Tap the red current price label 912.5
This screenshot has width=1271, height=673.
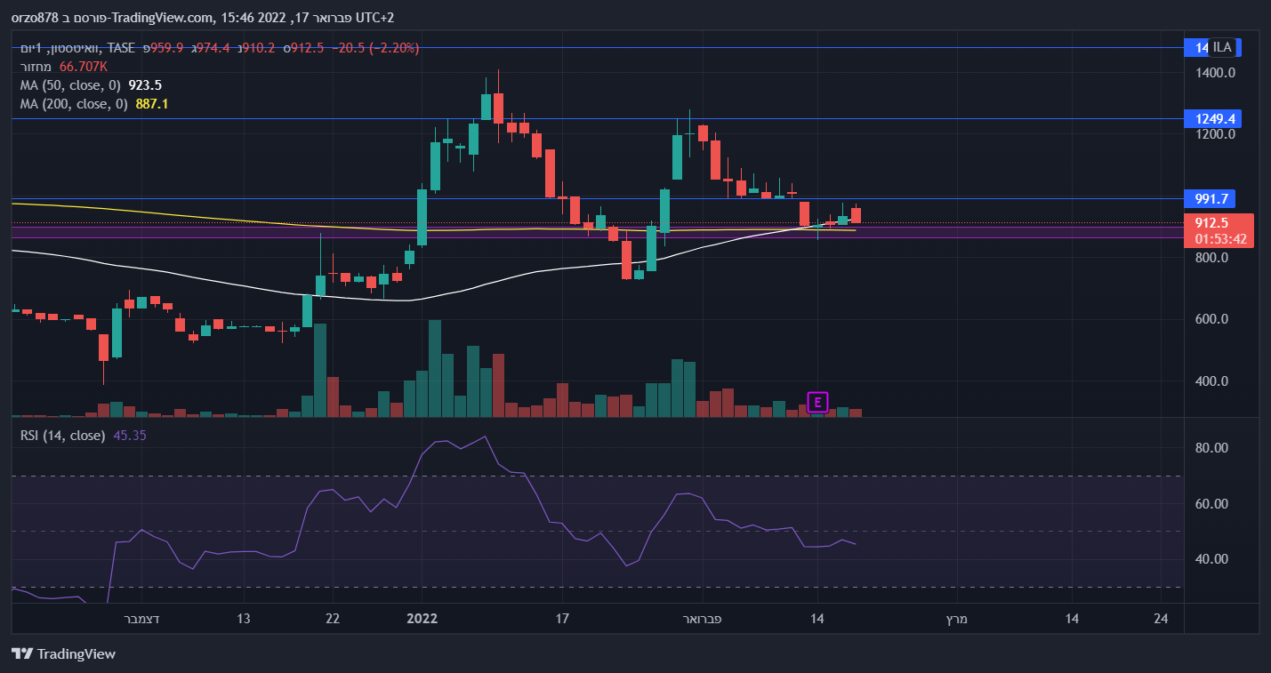1211,223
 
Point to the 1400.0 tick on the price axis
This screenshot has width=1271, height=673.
1215,73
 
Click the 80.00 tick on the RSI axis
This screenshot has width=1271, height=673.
1211,448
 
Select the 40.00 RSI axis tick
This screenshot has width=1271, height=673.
1211,559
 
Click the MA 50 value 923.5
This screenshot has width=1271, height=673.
145,85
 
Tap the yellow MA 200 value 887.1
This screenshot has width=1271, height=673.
151,104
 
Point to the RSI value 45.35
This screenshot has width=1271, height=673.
130,436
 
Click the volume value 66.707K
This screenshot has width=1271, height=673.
84,67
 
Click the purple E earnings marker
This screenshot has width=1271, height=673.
817,403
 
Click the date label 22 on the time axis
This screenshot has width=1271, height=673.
331,619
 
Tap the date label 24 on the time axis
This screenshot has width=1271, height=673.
1160,619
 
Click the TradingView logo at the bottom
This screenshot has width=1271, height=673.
64,654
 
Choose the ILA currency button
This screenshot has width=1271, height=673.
1222,48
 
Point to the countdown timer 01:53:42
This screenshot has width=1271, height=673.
1219,238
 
